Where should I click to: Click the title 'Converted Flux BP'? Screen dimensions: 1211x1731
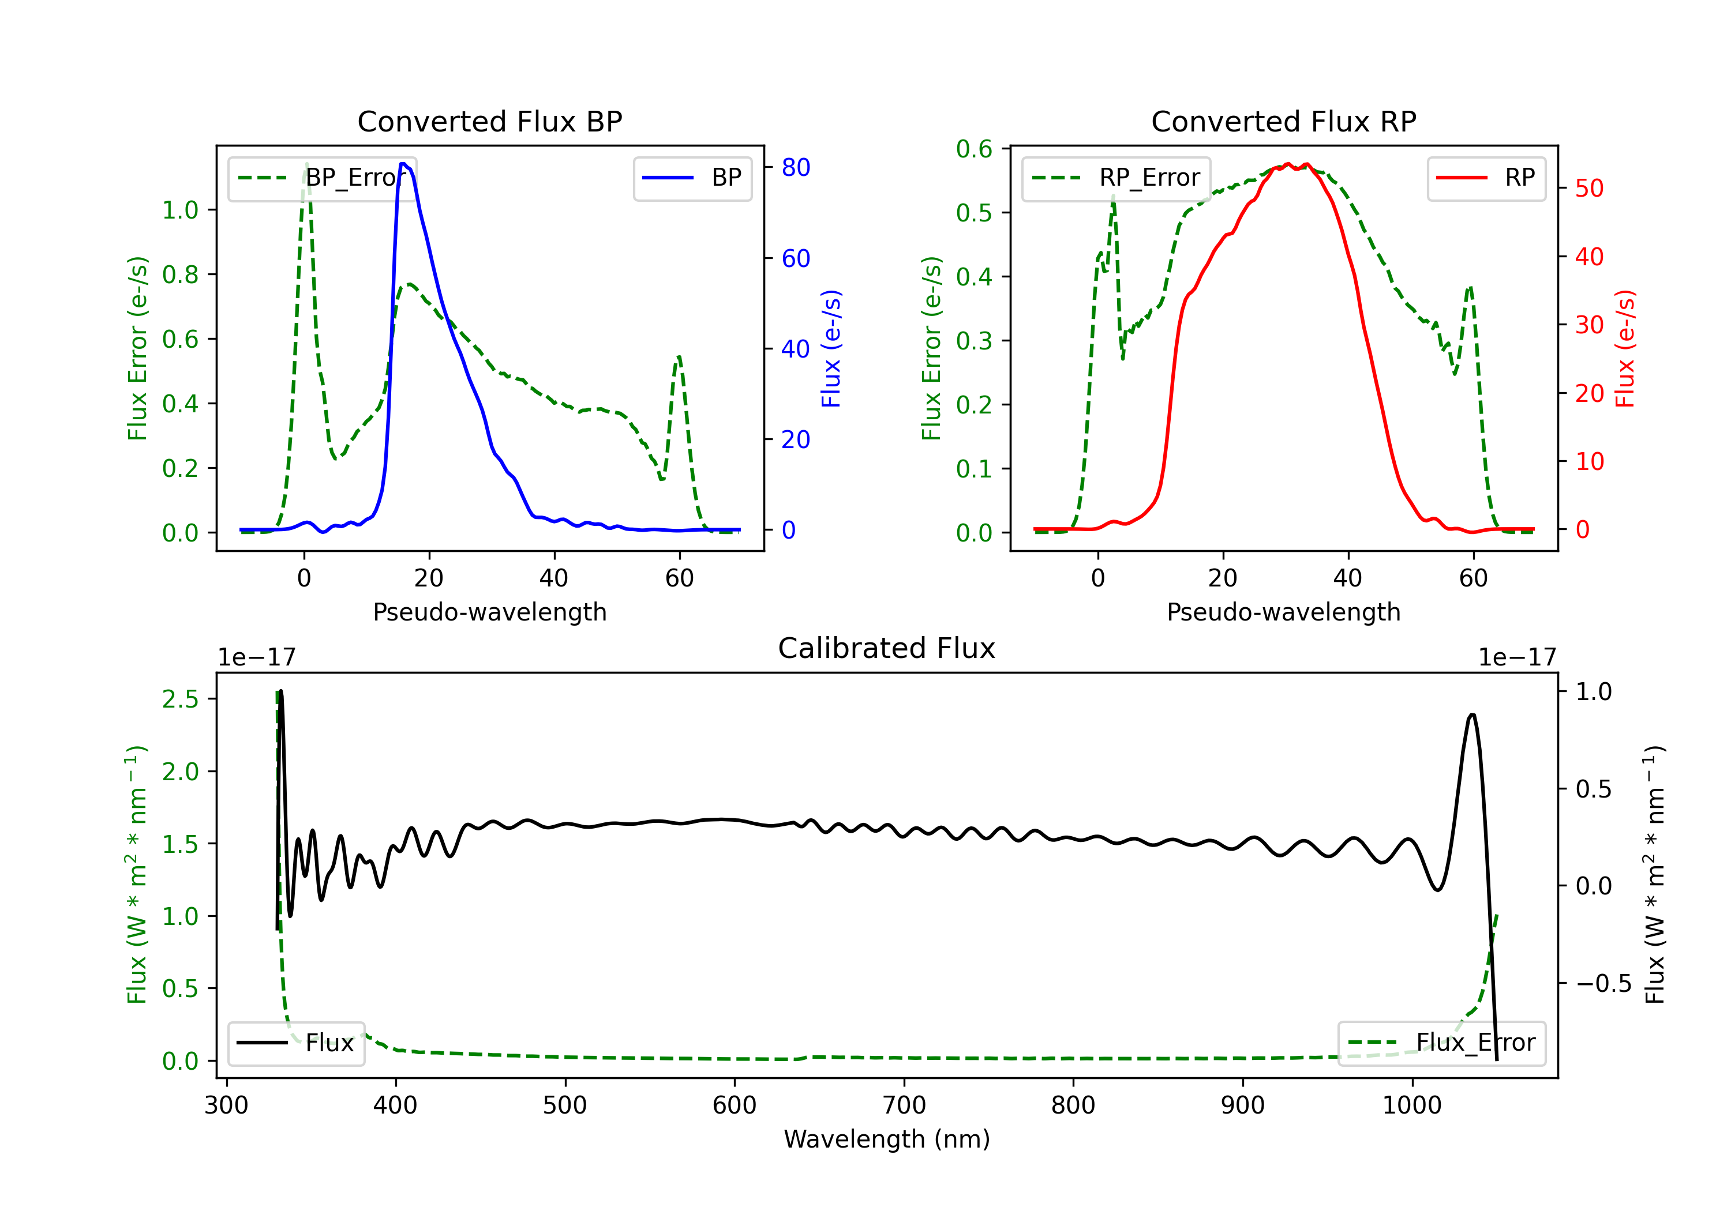tap(489, 121)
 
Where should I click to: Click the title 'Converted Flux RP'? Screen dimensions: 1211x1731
tap(1283, 121)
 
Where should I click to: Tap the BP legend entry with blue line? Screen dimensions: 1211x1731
tap(693, 178)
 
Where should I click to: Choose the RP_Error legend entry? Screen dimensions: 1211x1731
tap(1116, 178)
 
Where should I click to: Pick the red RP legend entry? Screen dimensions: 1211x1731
tap(1486, 178)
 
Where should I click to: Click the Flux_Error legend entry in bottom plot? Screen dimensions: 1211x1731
tap(1441, 1043)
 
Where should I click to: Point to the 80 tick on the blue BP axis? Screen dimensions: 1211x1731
tap(795, 167)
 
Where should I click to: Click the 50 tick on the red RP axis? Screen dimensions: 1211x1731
tap(1589, 189)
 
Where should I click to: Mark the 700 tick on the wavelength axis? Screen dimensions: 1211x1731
tap(904, 1105)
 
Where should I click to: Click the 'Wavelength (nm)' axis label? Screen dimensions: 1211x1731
tap(887, 1139)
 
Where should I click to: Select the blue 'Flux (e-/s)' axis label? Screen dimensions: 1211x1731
tap(831, 348)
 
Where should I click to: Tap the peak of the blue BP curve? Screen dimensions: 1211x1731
tap(403, 164)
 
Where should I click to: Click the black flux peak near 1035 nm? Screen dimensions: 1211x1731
tap(1472, 714)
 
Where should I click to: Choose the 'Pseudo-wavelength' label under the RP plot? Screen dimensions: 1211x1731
tap(1283, 612)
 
